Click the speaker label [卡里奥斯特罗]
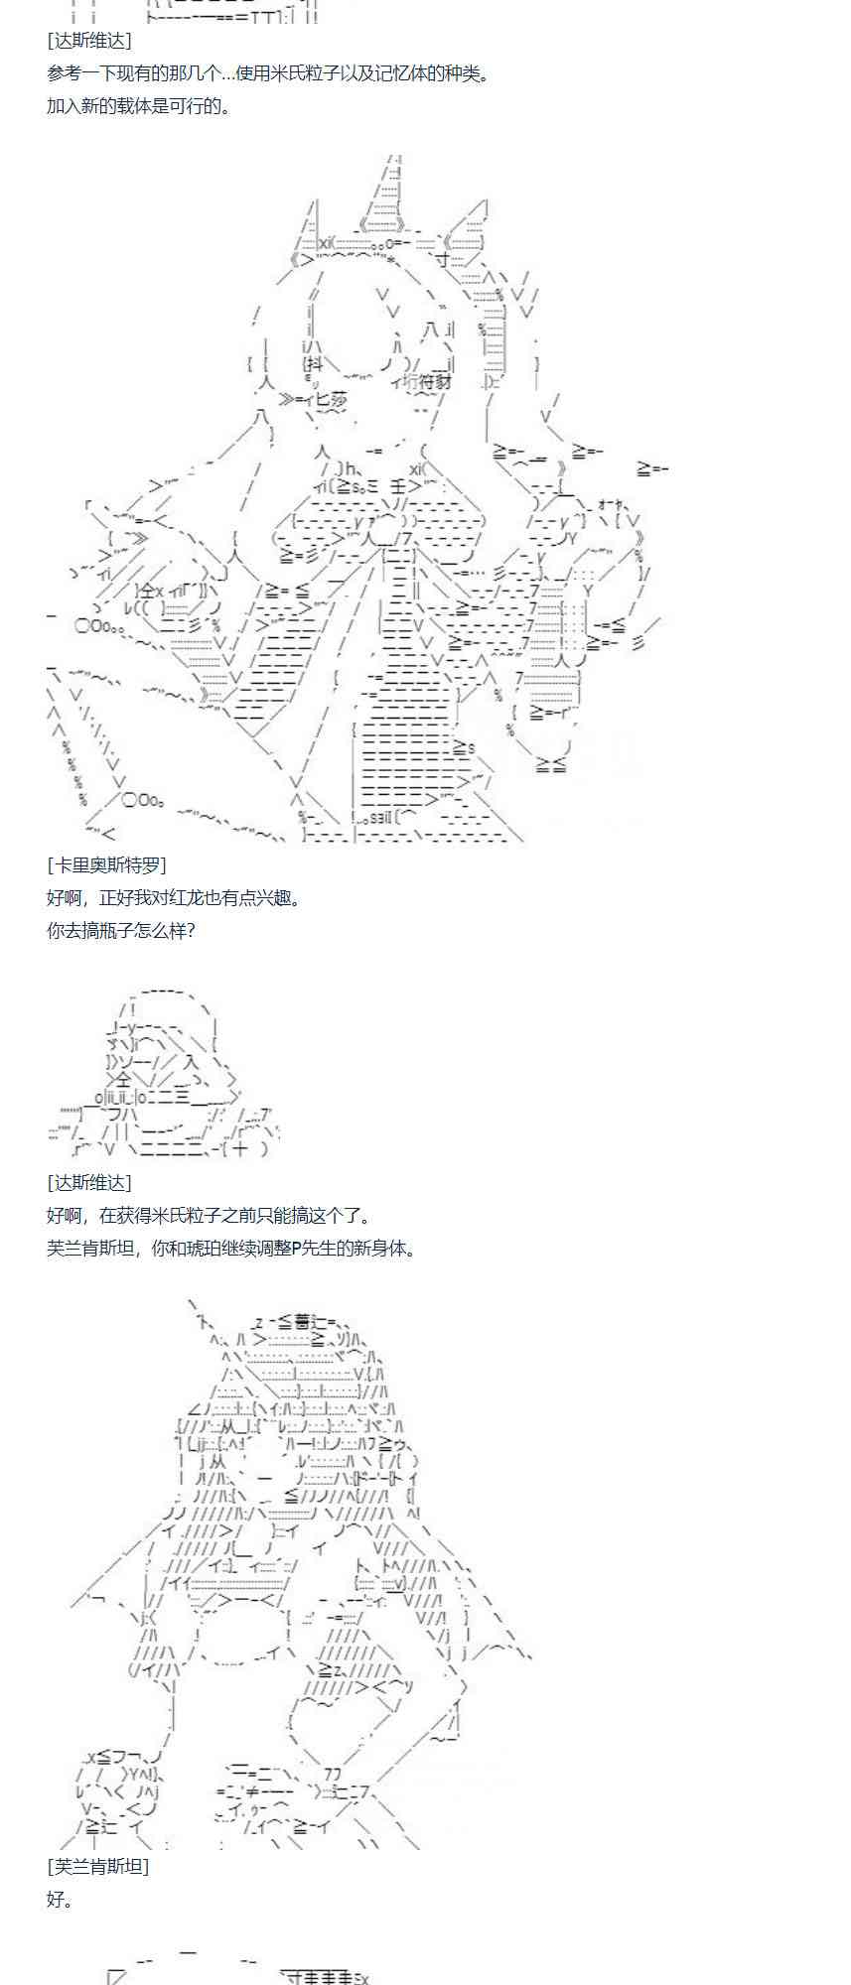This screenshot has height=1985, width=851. coord(106,865)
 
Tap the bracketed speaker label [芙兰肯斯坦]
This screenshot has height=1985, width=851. coord(97,1867)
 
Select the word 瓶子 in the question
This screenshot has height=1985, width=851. coord(116,931)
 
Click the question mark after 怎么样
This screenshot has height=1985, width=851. coord(191,931)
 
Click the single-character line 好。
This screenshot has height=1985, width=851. coord(60,1900)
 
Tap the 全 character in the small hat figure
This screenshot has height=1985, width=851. coord(121,1080)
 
